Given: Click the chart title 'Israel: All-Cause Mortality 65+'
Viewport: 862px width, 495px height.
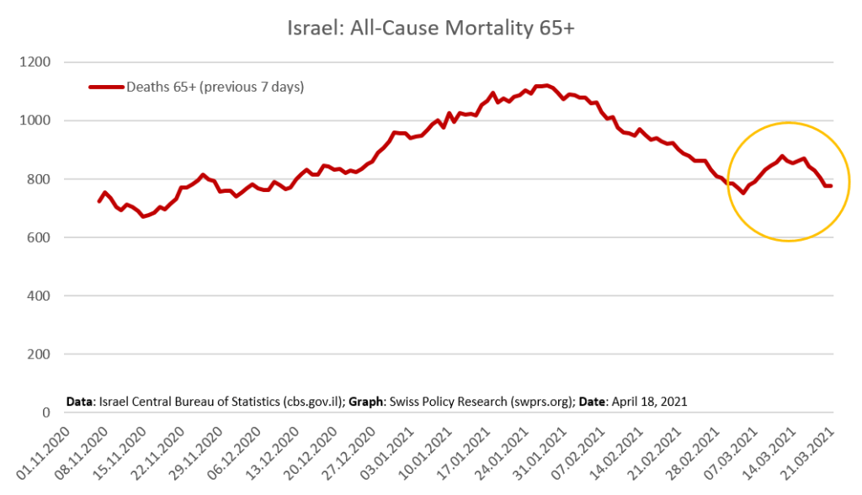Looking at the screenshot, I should pos(430,27).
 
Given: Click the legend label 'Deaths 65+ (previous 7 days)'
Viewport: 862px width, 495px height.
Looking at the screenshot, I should pos(215,86).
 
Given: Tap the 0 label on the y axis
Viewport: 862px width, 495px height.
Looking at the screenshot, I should pos(46,412).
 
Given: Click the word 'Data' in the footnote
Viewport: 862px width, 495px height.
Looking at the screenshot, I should pos(81,402).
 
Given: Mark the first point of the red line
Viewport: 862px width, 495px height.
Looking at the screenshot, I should pos(99,201).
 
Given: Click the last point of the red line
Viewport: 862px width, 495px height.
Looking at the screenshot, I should pos(832,185).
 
